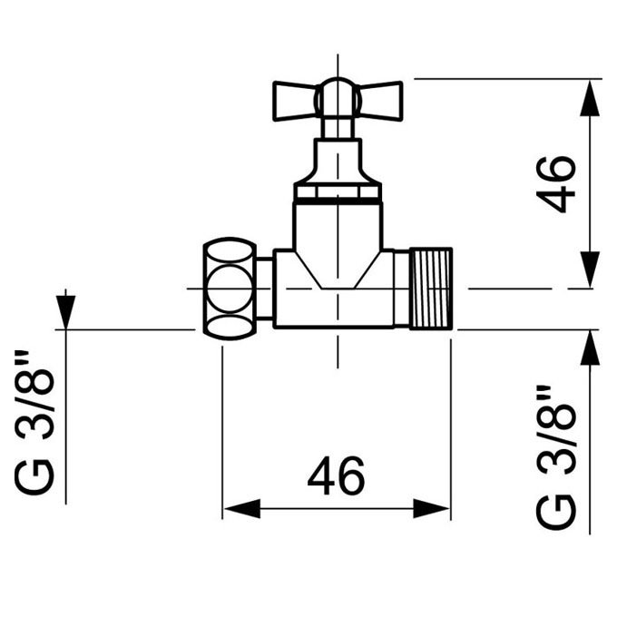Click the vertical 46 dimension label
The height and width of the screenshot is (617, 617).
click(x=556, y=185)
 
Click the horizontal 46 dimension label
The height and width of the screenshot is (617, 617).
click(x=337, y=475)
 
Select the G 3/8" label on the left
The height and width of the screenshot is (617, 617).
click(x=33, y=421)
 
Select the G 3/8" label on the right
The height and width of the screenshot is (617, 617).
click(x=555, y=456)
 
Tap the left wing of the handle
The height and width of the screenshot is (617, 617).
click(x=294, y=101)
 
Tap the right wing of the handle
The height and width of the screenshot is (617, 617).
click(x=381, y=101)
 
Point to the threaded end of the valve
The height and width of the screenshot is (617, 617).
click(x=431, y=289)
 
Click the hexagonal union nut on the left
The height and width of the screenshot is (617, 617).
click(x=230, y=289)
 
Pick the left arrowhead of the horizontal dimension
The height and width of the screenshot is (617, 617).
click(x=241, y=508)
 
